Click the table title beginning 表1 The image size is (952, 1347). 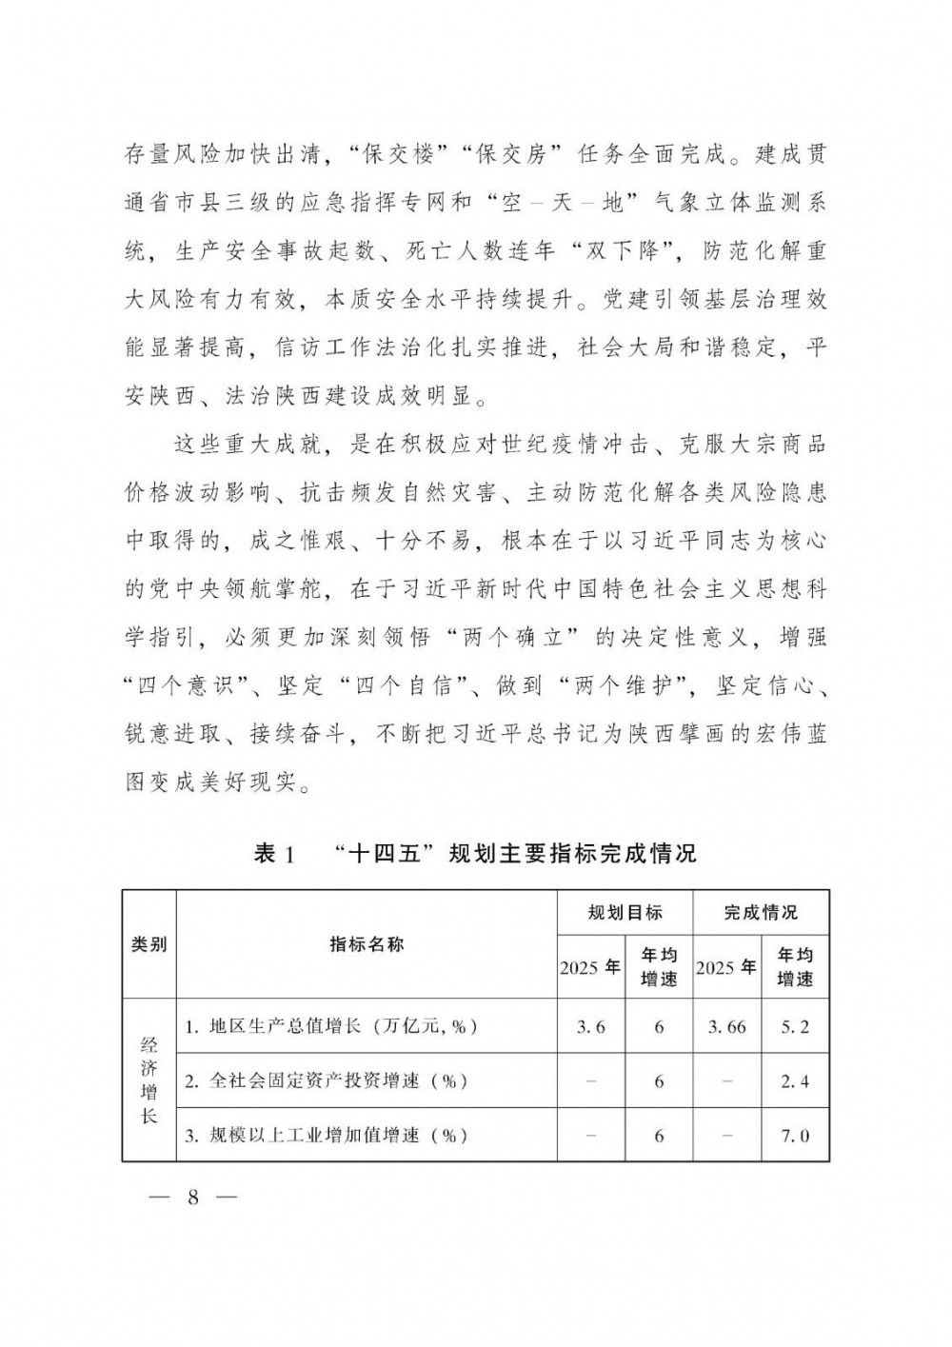tap(475, 853)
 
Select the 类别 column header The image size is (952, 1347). tap(149, 944)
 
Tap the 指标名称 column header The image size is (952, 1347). tap(367, 944)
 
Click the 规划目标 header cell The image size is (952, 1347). tap(625, 913)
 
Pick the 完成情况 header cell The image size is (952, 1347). tap(761, 913)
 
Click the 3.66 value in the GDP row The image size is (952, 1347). tap(727, 1027)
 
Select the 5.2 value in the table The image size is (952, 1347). tap(795, 1027)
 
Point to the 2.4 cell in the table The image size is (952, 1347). tap(795, 1081)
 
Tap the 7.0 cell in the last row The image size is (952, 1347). tap(795, 1136)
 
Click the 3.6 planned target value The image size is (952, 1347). tap(590, 1027)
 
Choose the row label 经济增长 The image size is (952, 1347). tap(149, 1080)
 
